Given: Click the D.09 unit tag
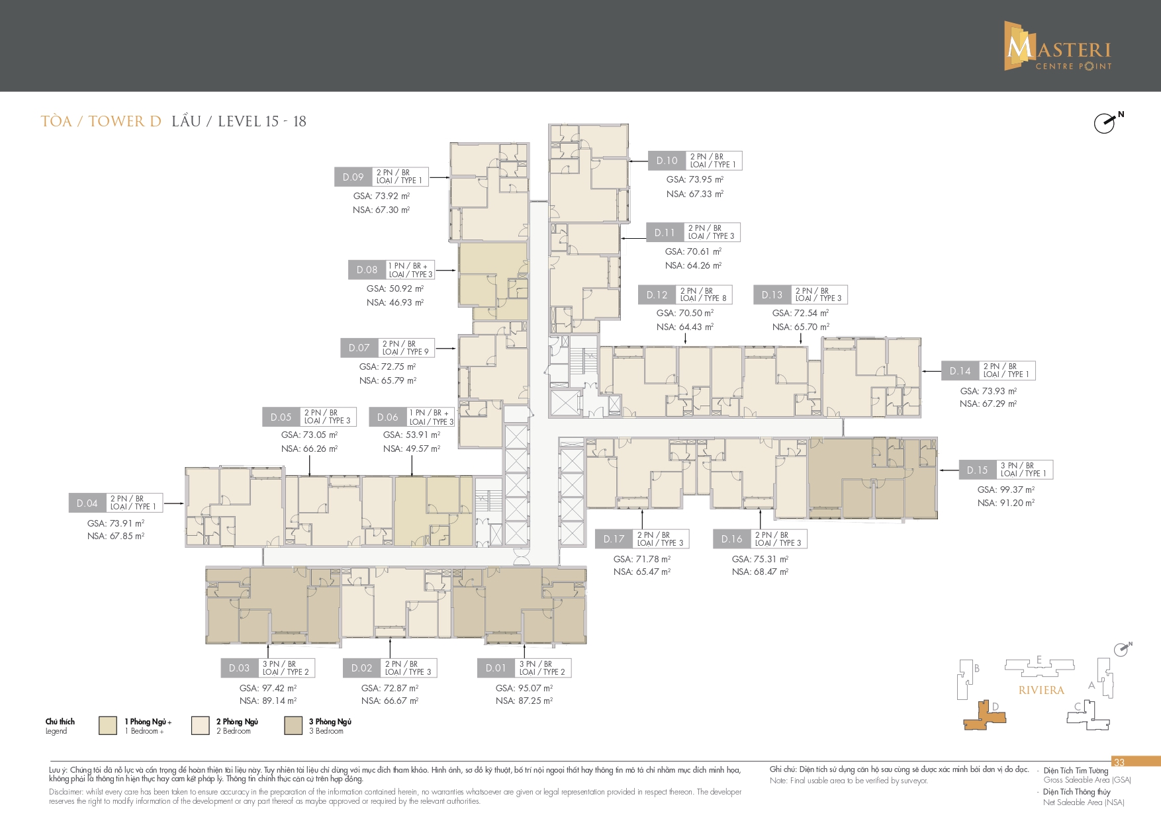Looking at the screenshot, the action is pos(353,177).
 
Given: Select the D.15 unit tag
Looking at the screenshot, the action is pos(977,470).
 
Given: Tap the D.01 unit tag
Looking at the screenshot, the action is pos(496,668).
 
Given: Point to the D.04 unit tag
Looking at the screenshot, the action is pos(87,503).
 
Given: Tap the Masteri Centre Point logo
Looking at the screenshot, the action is pos(1058,46).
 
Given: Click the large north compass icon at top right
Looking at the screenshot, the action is pos(1107,122).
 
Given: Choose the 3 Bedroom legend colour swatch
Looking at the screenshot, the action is pos(293,726).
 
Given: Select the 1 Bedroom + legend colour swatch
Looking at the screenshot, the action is pos(108,726).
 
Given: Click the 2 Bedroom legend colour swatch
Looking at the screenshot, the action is pos(201,726).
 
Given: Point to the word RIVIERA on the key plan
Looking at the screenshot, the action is pos(1041,690).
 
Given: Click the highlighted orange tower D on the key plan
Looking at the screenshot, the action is pos(984,716).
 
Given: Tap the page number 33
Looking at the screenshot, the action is pos(1119,762).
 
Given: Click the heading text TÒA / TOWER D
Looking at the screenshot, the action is pos(101,121).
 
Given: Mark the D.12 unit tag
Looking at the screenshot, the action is pos(657,295).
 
